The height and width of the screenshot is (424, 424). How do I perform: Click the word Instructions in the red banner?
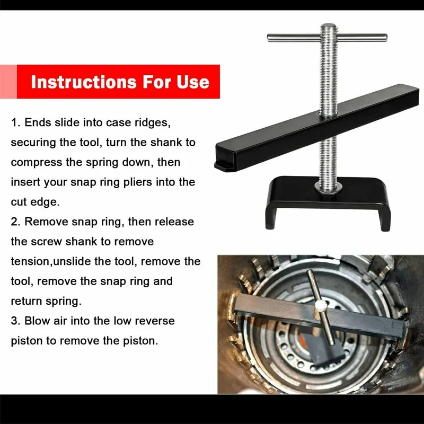coord(84,82)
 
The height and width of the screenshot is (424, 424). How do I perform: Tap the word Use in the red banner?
coord(193,82)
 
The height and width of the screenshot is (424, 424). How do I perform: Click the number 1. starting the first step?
coord(16,122)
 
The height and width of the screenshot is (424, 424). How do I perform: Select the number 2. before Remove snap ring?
coord(16,222)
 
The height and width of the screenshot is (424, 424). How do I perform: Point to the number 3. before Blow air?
coord(16,321)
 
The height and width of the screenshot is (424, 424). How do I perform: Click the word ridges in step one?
coord(153,123)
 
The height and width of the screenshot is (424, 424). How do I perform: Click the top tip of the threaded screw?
coord(328,24)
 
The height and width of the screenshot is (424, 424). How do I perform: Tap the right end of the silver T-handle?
coord(385,38)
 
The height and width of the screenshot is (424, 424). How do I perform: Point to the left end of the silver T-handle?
coord(269,38)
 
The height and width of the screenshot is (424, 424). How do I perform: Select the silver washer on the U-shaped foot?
coord(328,188)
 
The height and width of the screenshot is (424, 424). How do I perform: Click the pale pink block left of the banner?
coord(8,82)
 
